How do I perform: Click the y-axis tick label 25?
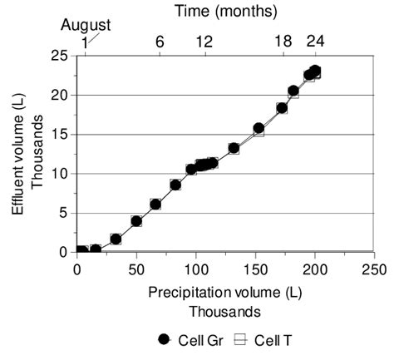[59, 56]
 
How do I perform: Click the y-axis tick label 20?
[59, 95]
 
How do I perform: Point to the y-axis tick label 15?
[59, 134]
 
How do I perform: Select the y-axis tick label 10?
[59, 173]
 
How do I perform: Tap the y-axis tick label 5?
[63, 212]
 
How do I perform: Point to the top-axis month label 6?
[160, 42]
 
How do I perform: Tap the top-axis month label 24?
[316, 42]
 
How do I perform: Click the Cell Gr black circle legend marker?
[164, 339]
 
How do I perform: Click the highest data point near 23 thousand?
[315, 72]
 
